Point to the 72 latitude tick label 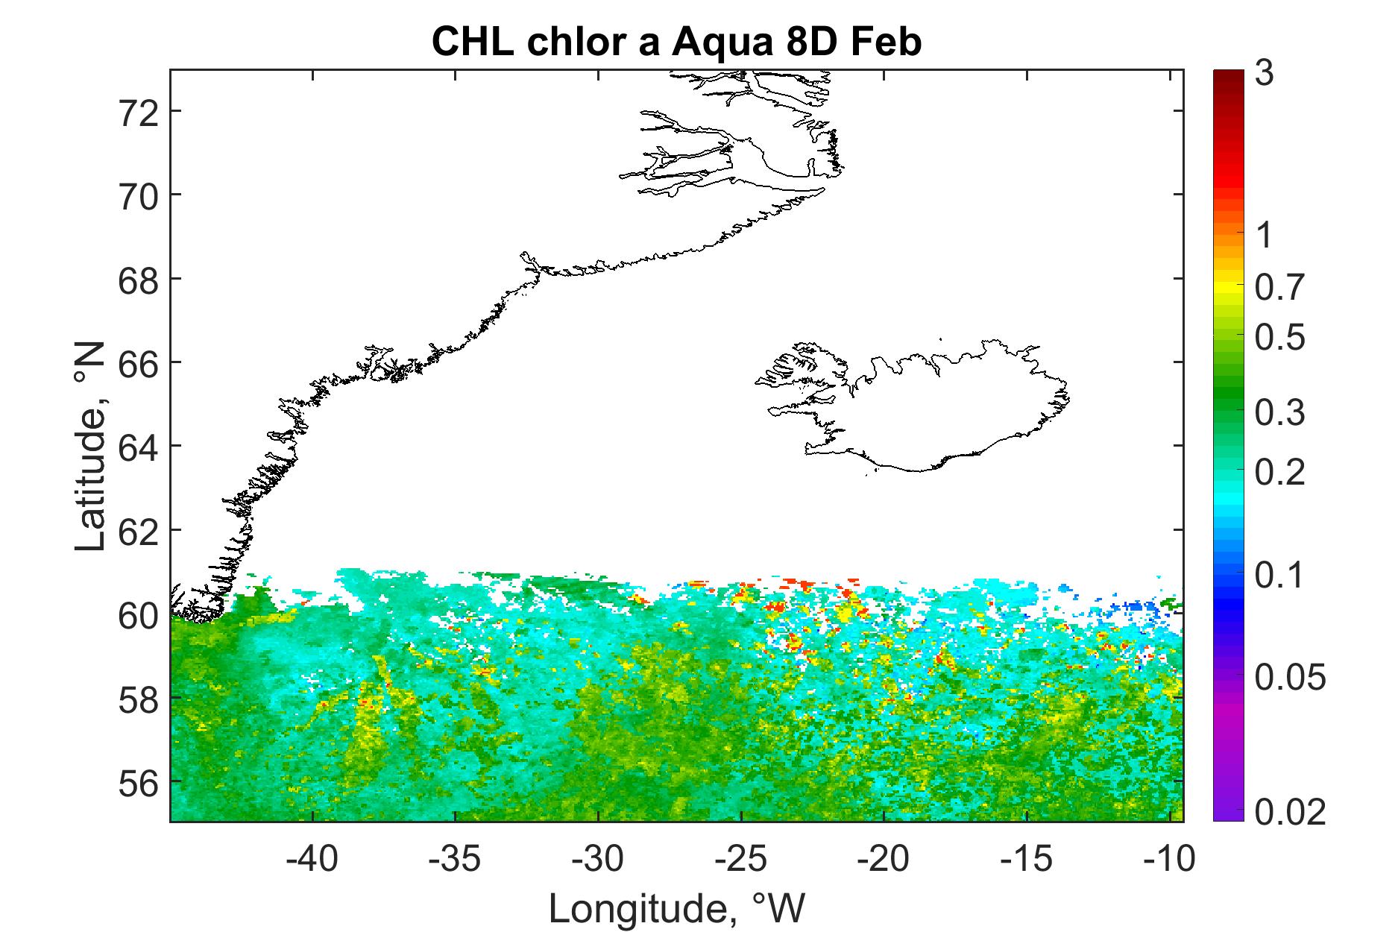coord(140,112)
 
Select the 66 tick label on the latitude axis coord(140,363)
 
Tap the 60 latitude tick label coord(140,614)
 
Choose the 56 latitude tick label coord(140,782)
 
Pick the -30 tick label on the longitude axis coord(599,859)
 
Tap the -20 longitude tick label coord(884,859)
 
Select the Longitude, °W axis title coord(677,907)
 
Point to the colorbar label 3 coord(1264,75)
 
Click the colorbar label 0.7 coord(1279,288)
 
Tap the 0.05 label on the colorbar coord(1290,678)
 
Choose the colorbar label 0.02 coord(1290,812)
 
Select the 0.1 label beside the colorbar coord(1279,576)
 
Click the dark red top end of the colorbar coord(1229,75)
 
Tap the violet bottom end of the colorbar coord(1229,815)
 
